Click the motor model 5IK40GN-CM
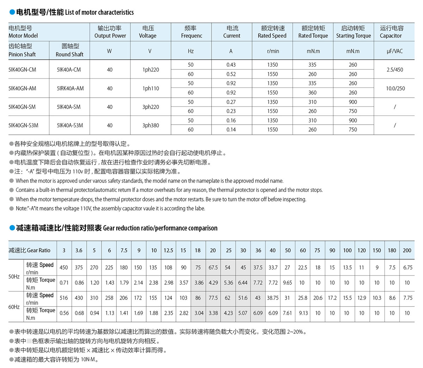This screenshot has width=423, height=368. coord(22,70)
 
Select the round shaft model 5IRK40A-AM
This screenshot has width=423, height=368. coord(70,88)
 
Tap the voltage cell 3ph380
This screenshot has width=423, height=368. coord(151,125)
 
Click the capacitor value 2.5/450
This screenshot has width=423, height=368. coord(394,70)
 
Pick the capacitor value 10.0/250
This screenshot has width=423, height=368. coord(395,88)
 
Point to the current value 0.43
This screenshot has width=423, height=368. coord(231,65)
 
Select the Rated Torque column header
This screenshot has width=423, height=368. coord(313,32)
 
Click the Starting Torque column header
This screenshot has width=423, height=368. coord(353,32)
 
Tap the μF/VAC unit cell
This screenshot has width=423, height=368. coord(394,51)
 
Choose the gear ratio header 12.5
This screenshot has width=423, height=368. coord(168,250)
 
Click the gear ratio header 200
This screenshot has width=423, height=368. coord(407,250)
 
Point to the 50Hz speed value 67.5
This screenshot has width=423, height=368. coord(213,267)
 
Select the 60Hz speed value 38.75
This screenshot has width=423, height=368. coord(272,298)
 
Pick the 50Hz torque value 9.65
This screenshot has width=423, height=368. coord(288,283)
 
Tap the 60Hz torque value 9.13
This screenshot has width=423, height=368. coord(303,313)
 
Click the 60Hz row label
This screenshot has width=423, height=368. coord(14,307)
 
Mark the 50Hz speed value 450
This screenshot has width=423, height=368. coord(64,267)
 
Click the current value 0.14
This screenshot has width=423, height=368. coord(231,129)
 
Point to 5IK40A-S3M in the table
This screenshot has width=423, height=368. coord(70,125)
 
